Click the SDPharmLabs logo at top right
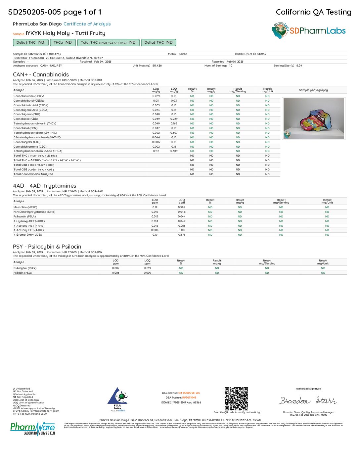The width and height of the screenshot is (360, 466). tap(308, 31)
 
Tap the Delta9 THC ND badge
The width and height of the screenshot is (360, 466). tap(30, 42)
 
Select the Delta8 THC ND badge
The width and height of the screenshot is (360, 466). tap(158, 42)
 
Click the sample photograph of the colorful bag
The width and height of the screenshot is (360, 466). tap(314, 118)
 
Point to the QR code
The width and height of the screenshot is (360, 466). tap(236, 398)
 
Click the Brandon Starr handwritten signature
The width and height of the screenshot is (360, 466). tap(308, 401)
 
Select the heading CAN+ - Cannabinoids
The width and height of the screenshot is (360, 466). tap(41, 74)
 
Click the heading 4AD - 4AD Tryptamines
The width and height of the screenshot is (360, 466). tap(45, 186)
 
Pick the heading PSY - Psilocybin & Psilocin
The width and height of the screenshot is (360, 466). tap(47, 247)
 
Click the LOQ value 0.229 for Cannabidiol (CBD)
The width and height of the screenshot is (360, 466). tap(174, 119)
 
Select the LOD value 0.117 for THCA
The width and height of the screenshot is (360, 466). tap(156, 151)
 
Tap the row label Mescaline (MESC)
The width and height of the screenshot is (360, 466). tap(25, 207)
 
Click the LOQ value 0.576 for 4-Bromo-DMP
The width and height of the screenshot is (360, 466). tap(182, 235)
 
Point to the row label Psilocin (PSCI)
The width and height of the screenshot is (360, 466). tap(23, 273)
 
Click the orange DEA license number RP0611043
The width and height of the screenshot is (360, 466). tap(189, 397)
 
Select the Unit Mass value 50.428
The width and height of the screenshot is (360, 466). tap(157, 66)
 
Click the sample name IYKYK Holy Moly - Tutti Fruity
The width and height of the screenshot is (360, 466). tap(66, 33)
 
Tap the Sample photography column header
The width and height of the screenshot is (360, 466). tap(313, 90)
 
